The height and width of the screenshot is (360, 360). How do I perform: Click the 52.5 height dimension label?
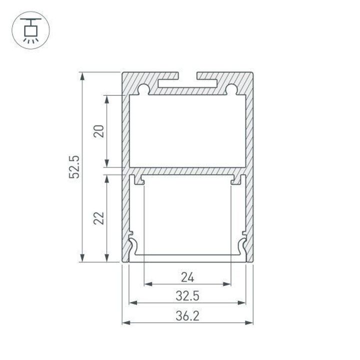point(74,166)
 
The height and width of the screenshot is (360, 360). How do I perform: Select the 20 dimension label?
point(99,131)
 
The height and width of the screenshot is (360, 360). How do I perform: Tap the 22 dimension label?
point(99,218)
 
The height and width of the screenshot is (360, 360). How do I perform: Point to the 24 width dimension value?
point(187,276)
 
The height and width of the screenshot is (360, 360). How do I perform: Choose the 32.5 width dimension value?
point(187,296)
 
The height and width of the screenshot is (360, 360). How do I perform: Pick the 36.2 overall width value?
point(187,315)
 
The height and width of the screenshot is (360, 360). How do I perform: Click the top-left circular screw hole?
point(144,89)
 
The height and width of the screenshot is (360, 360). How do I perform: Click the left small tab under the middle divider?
point(141,180)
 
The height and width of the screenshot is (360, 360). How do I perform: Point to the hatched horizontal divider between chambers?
point(187,170)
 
